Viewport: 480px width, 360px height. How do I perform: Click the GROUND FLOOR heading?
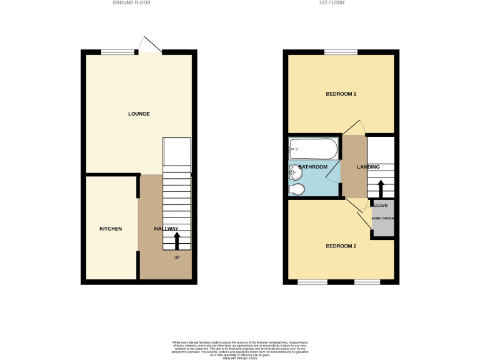click(x=131, y=2)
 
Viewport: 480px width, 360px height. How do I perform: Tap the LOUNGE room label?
click(x=139, y=114)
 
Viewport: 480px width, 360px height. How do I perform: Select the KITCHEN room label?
click(x=111, y=229)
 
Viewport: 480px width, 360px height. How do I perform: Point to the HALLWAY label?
click(x=166, y=229)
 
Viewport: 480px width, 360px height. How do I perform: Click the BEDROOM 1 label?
click(x=341, y=94)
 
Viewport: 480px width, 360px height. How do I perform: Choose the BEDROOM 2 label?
click(x=341, y=246)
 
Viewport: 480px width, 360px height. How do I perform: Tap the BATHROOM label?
click(x=312, y=167)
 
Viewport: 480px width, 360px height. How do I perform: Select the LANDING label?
click(x=368, y=167)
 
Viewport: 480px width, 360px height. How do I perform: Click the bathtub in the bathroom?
click(x=313, y=149)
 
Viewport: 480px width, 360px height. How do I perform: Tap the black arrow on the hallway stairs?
click(x=177, y=241)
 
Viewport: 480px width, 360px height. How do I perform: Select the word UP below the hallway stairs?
click(x=177, y=257)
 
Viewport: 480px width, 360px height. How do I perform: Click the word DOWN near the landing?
click(x=380, y=205)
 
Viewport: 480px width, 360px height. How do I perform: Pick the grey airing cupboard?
click(x=382, y=219)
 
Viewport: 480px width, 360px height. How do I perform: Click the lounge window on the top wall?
click(x=118, y=52)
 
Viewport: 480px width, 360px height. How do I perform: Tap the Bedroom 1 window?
click(x=341, y=52)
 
